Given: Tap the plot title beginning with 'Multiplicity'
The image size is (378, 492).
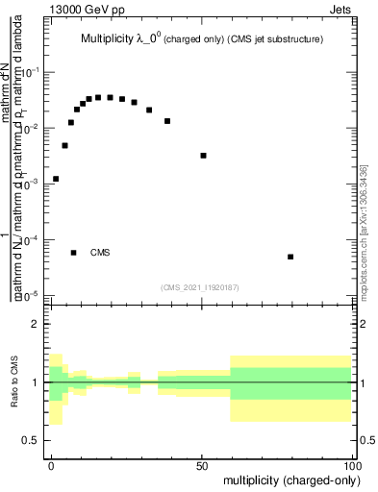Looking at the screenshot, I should pos(200,39).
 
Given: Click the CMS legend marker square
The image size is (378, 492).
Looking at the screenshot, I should pos(73,253).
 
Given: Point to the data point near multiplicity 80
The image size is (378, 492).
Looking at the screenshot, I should pos(290,257).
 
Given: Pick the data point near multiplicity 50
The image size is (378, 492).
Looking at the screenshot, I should pos(203,156).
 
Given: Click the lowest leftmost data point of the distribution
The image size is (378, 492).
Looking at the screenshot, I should pos(56,179).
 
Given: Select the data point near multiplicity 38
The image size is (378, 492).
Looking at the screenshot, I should pos(167,121).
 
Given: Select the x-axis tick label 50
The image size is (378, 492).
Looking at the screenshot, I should pos(202,464).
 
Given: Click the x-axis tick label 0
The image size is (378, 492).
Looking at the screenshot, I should pos(51,464).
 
